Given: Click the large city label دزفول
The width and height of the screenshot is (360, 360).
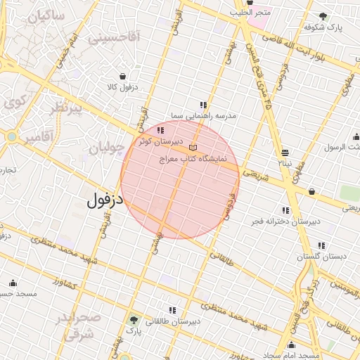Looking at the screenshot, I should [x=105, y=200].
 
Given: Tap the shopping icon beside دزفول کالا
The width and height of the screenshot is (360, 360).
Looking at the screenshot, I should [x=123, y=77].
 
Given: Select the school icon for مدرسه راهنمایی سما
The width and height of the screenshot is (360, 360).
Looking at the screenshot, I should [x=204, y=105].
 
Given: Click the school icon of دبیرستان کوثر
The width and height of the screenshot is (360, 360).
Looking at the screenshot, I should [x=161, y=130].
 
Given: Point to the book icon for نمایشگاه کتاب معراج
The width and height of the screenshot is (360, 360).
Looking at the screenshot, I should [x=193, y=148].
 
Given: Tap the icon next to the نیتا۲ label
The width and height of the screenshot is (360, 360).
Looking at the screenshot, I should [x=285, y=153].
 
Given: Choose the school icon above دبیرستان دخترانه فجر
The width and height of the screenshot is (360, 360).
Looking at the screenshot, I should [x=285, y=210].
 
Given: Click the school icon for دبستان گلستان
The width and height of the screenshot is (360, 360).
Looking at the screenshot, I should [x=321, y=245].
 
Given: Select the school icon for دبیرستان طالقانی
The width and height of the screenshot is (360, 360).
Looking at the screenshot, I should [x=171, y=310].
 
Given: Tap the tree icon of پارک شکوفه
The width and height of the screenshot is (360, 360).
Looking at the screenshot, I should [x=323, y=16].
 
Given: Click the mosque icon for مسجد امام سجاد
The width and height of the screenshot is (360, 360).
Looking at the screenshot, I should [x=291, y=345].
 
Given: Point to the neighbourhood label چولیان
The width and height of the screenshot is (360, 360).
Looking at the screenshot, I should [x=106, y=148].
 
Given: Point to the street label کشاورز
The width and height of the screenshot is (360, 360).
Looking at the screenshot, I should [x=65, y=284].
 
